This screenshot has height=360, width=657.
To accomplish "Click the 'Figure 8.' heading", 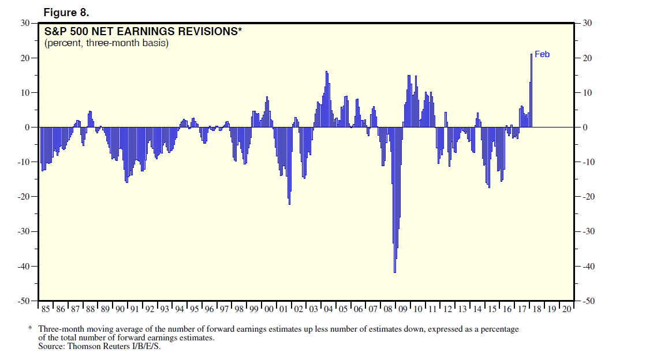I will pos(66,13).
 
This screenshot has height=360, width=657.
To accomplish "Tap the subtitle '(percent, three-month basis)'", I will pos(106,43).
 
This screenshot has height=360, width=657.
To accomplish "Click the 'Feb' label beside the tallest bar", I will pos(542,54).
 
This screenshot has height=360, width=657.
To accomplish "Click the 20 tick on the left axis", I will pos(25,58).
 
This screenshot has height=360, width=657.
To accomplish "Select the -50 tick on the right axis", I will pos(589,301).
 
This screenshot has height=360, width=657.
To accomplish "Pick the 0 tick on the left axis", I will pos(27,127).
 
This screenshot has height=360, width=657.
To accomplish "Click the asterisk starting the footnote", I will pos(30,329).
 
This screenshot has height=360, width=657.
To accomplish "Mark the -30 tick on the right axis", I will pos(589,231).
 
